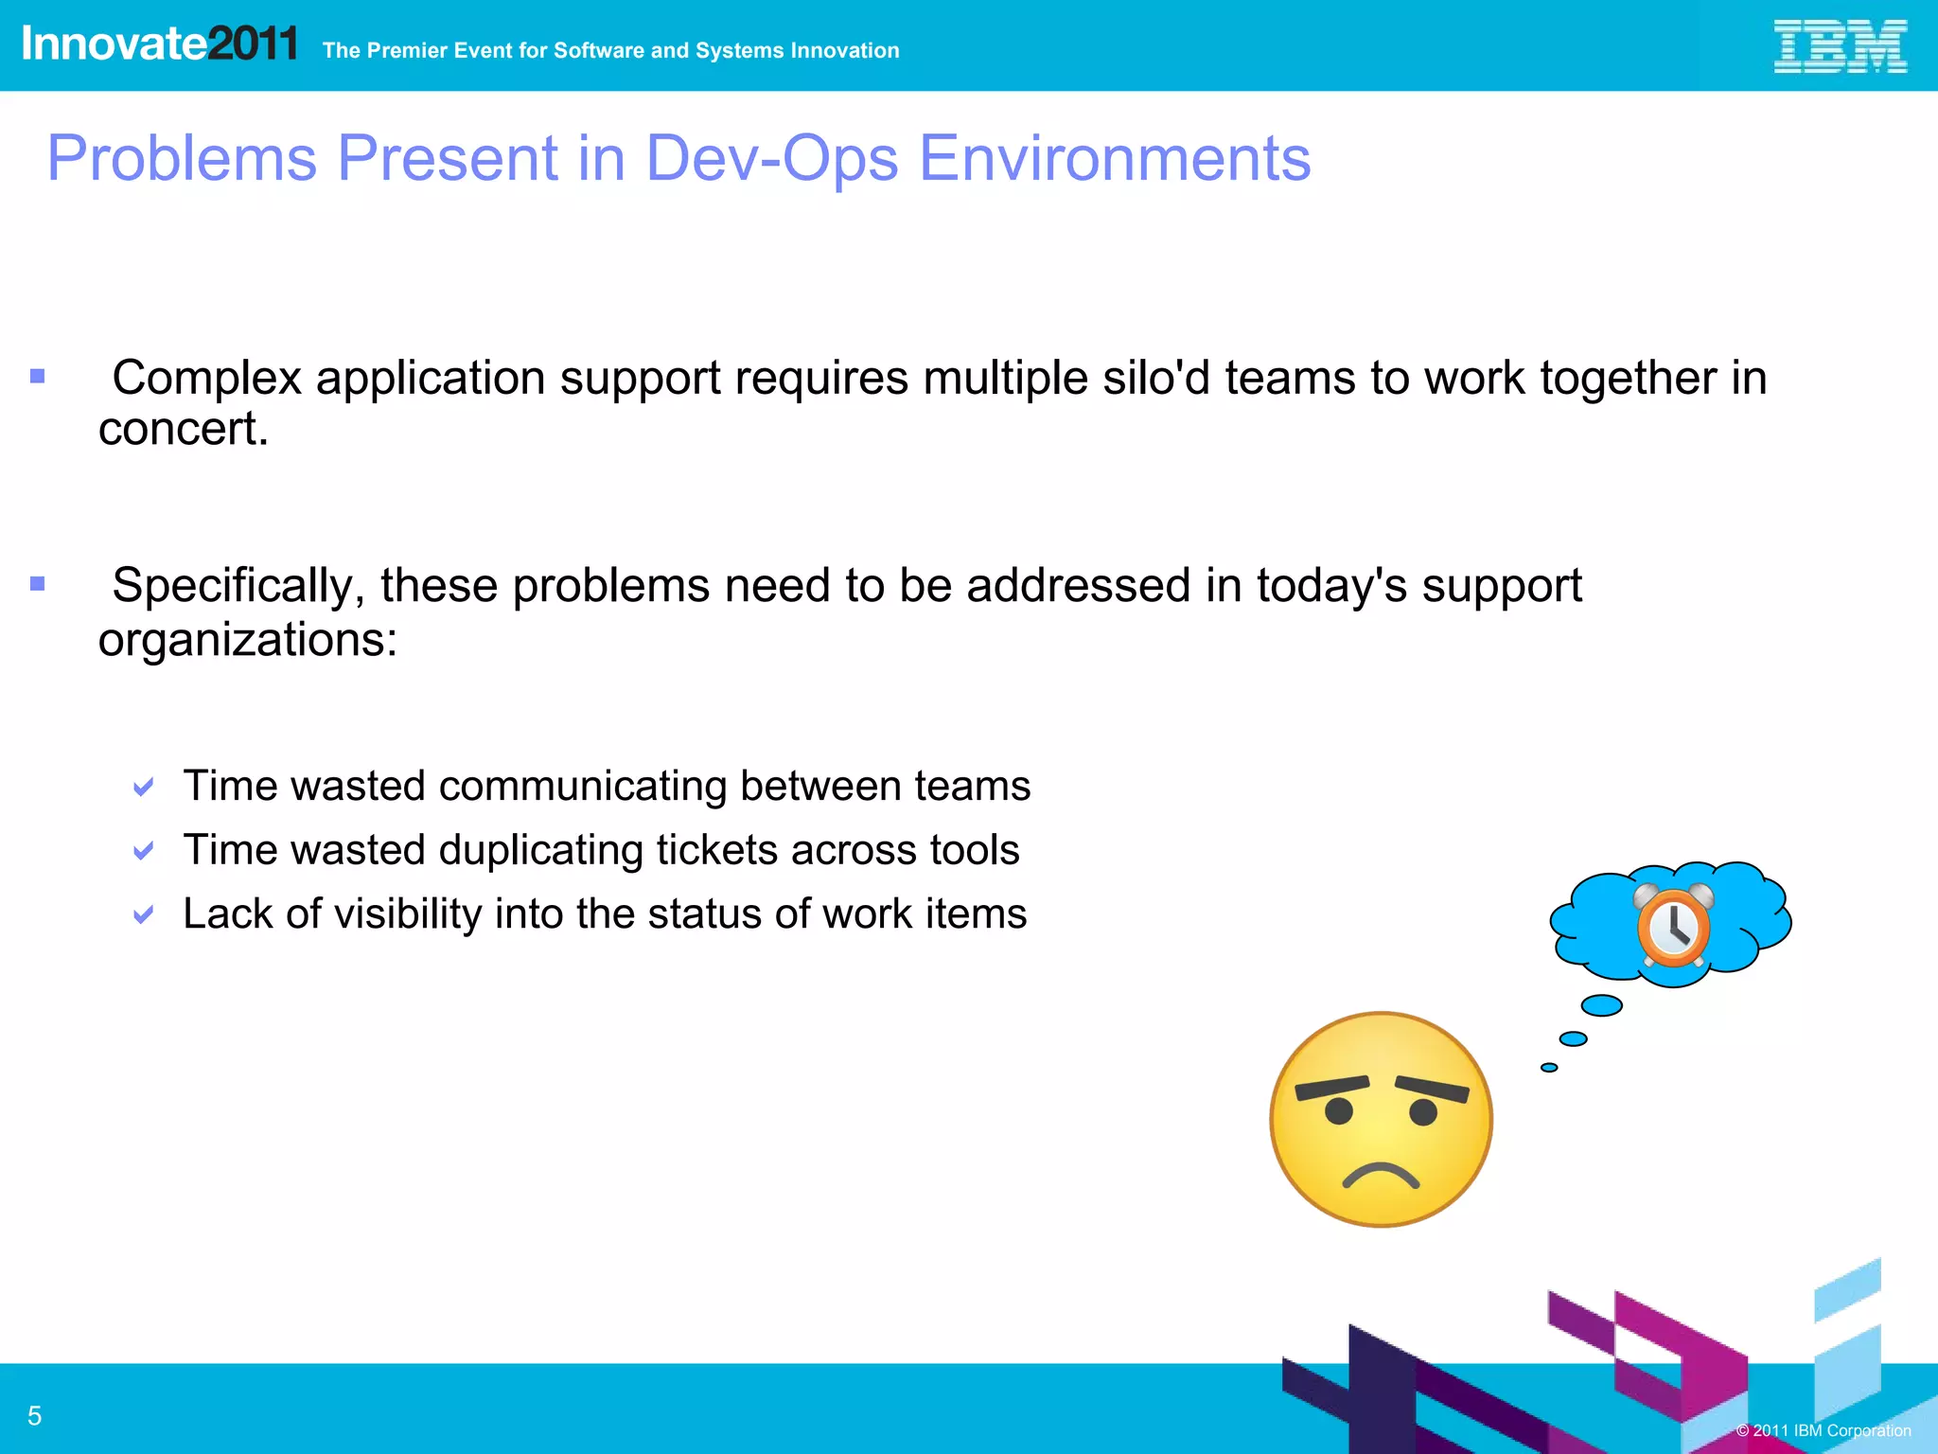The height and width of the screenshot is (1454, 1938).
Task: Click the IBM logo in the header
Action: click(1840, 46)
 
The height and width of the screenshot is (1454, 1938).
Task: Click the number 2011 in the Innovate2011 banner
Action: click(253, 44)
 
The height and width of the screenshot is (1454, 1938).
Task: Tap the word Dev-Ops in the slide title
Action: click(771, 158)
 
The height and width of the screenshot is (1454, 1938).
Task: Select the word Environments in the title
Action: click(1115, 158)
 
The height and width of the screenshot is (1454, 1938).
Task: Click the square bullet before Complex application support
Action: click(38, 377)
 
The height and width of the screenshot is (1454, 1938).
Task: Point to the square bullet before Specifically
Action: click(38, 584)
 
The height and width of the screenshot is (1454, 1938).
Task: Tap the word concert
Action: click(184, 429)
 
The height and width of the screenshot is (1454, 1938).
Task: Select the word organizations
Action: click(247, 640)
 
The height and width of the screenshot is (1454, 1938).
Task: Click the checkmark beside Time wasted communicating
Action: click(144, 788)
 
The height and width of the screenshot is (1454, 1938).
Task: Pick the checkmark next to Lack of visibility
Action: click(144, 915)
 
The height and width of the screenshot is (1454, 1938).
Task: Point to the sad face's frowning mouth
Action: click(1381, 1175)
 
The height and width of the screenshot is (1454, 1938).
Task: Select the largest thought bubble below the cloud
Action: click(1602, 1005)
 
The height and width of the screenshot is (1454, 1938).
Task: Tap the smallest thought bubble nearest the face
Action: click(1549, 1068)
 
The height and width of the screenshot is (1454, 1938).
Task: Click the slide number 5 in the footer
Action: click(35, 1416)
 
